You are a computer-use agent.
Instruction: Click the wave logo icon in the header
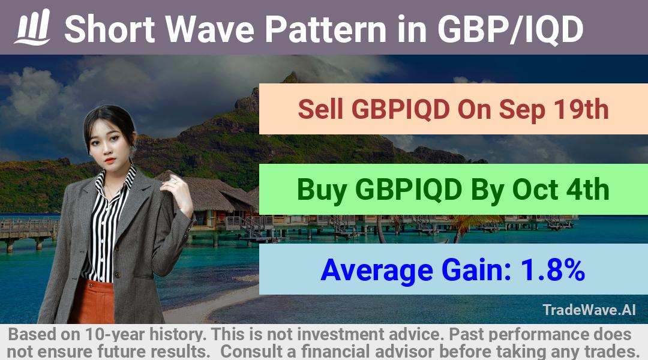(x=32, y=27)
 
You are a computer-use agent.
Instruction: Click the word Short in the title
(x=110, y=29)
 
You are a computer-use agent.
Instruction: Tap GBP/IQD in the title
(x=510, y=29)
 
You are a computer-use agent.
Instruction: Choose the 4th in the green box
(x=587, y=190)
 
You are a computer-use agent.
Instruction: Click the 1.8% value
(x=552, y=270)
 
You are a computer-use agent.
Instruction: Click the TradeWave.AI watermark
(x=589, y=310)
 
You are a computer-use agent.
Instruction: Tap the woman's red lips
(x=110, y=160)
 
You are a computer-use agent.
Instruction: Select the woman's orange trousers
(x=92, y=301)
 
